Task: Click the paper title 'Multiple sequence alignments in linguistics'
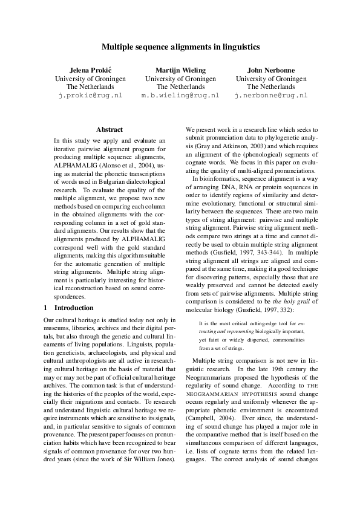(180, 46)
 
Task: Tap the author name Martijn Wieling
(180, 70)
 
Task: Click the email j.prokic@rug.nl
(90, 96)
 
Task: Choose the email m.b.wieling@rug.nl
(180, 96)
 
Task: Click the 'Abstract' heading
(110, 129)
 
